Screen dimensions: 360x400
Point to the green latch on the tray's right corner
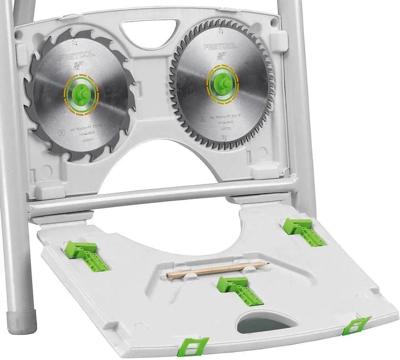[x=355, y=326]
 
